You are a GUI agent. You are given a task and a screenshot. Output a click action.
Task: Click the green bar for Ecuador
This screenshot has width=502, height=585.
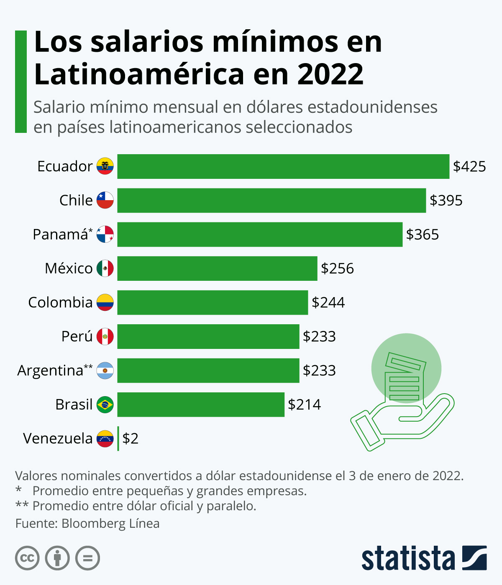(x=283, y=166)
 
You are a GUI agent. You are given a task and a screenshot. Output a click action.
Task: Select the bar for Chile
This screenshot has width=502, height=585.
(x=271, y=201)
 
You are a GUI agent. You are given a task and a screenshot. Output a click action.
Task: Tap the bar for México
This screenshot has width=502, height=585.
(x=217, y=268)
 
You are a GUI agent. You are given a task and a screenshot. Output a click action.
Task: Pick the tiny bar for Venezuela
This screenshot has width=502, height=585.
(x=118, y=438)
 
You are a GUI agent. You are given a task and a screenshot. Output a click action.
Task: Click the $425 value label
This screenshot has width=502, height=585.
(x=469, y=166)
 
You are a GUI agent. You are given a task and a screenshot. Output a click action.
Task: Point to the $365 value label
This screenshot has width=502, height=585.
(x=423, y=234)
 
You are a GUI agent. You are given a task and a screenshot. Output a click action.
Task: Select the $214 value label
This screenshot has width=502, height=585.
(x=304, y=404)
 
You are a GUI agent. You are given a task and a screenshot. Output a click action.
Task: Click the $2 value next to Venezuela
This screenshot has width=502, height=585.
(x=130, y=438)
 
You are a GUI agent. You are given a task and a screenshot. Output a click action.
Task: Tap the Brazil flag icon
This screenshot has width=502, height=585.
(x=105, y=404)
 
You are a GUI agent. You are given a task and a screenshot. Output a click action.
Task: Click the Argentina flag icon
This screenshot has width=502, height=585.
(x=105, y=371)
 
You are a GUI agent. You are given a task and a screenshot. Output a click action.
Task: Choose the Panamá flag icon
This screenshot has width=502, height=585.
(x=105, y=234)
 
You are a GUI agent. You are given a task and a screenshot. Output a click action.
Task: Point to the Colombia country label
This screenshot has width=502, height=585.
(x=60, y=303)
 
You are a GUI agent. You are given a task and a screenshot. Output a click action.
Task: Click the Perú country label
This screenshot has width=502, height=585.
(x=77, y=336)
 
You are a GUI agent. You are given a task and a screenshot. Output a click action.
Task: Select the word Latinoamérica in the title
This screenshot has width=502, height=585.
(x=139, y=74)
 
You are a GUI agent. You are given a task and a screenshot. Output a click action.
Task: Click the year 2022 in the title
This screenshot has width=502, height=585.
(x=330, y=74)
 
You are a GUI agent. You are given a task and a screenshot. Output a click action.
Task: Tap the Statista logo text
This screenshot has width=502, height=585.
(x=408, y=558)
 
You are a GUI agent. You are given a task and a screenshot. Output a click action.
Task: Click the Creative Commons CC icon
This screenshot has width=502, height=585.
(x=27, y=558)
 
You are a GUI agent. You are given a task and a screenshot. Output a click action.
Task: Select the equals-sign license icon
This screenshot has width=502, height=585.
(x=88, y=558)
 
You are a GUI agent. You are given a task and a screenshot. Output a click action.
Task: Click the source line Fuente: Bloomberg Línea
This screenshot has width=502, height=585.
(x=87, y=524)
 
